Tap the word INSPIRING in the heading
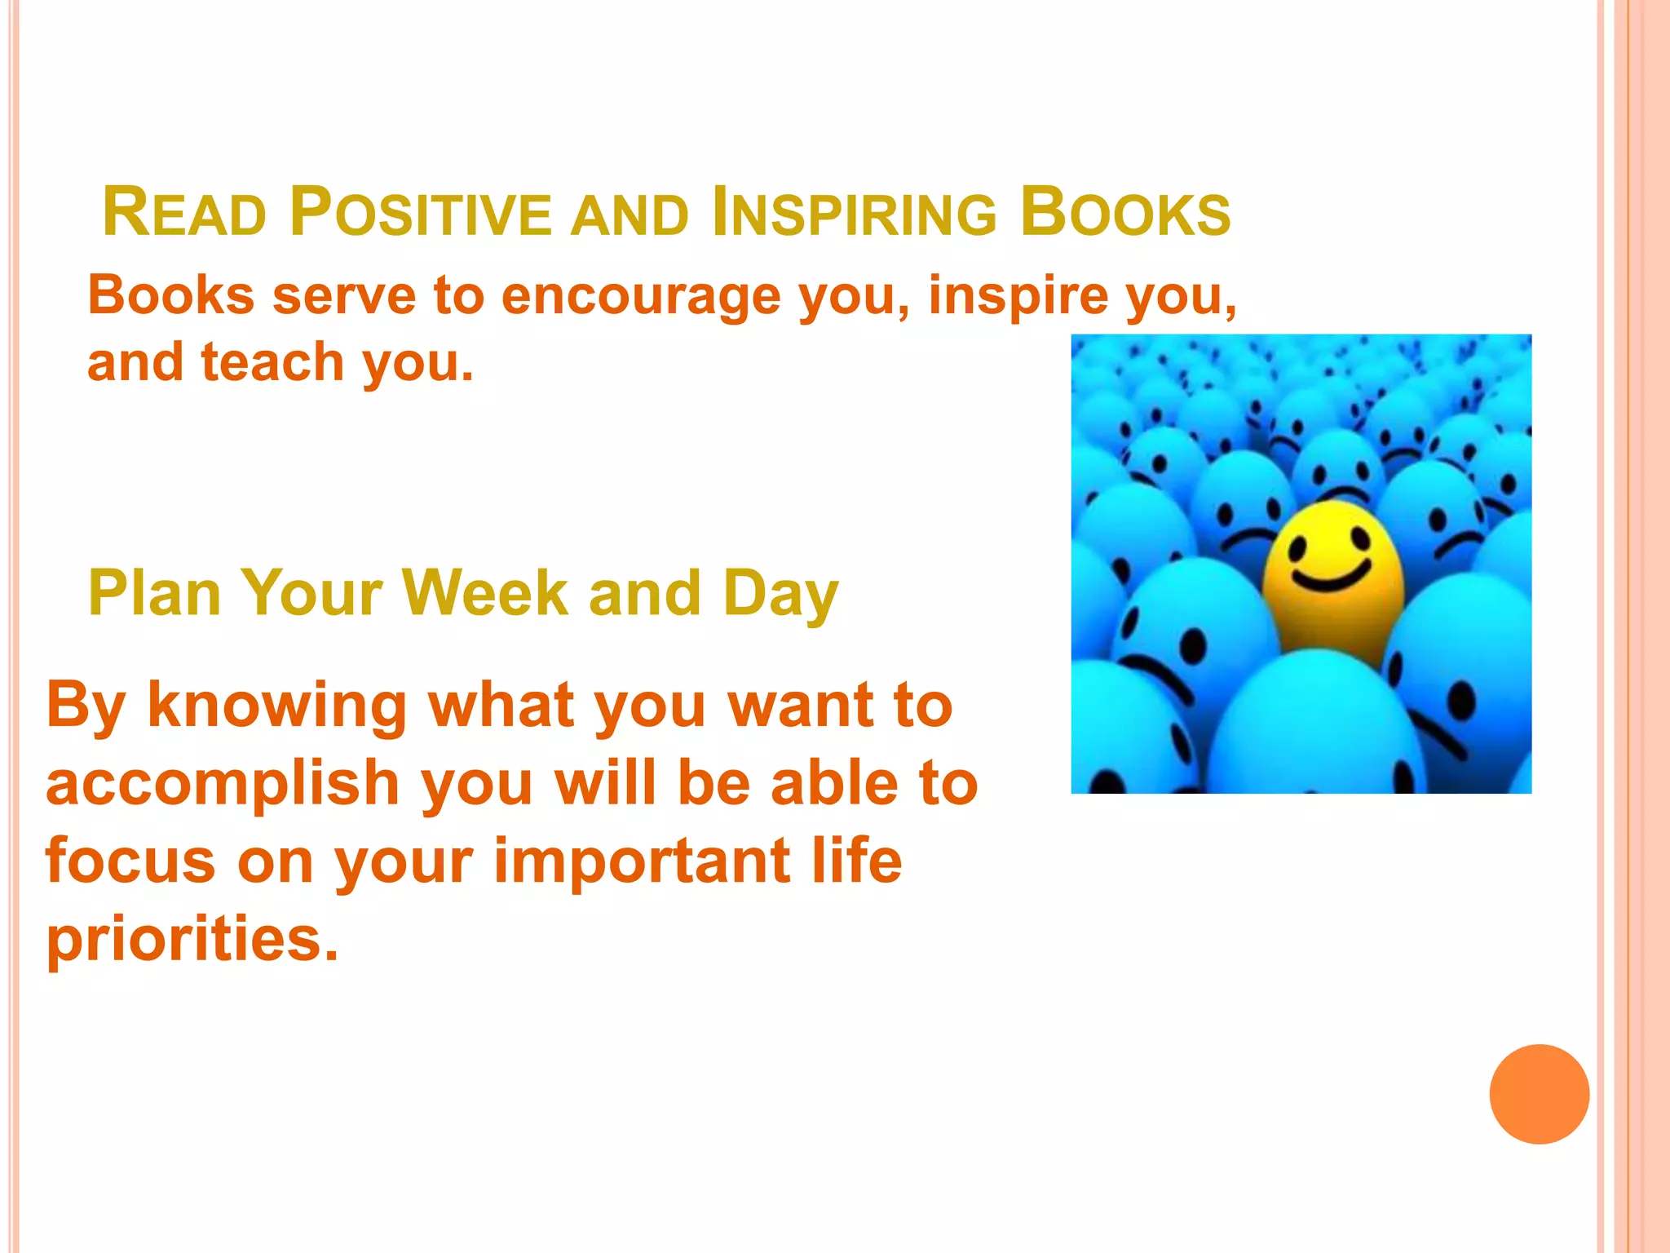[854, 213]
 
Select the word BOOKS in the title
[1125, 213]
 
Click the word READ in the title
[185, 213]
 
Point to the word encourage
[641, 295]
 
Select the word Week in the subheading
[484, 593]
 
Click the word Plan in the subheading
[155, 593]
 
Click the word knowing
[276, 706]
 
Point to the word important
[642, 863]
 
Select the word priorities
[192, 940]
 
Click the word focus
[131, 861]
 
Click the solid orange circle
[1539, 1094]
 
